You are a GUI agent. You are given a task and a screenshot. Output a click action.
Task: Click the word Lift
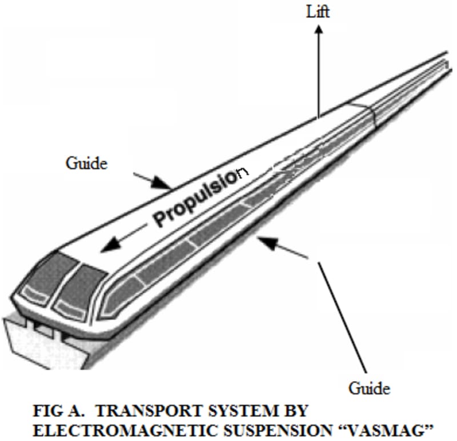[x=318, y=12]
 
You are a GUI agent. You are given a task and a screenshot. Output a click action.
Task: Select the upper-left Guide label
[x=86, y=163]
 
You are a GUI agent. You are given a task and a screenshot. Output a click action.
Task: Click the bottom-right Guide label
[x=370, y=389]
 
